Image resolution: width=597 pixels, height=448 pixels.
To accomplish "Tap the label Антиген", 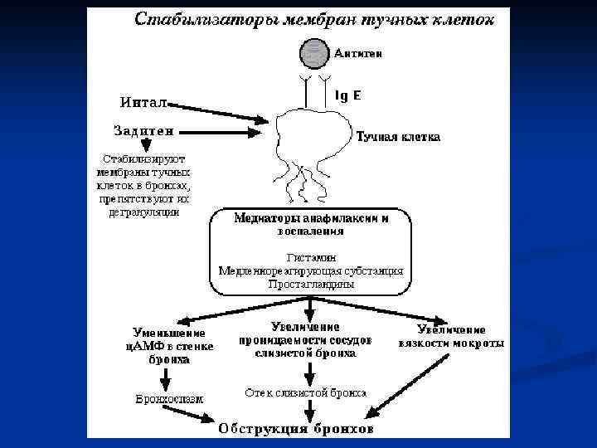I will pyautogui.click(x=358, y=53).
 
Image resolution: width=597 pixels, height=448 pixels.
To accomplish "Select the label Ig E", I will pyautogui.click(x=347, y=95).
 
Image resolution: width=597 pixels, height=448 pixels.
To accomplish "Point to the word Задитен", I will pyautogui.click(x=143, y=130).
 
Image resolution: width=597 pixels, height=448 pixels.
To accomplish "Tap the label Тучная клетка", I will pyautogui.click(x=398, y=136).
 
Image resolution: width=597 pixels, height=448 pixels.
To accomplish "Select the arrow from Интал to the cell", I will pyautogui.click(x=220, y=113).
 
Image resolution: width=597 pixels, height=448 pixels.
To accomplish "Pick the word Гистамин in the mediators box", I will pyautogui.click(x=311, y=256).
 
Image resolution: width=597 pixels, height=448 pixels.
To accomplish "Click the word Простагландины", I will pyautogui.click(x=311, y=284).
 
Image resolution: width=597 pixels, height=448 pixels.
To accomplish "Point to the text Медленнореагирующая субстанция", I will pyautogui.click(x=311, y=270).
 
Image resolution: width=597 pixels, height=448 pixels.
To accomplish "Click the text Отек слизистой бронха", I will pyautogui.click(x=306, y=392).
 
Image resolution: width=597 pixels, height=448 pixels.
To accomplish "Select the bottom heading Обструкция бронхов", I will pyautogui.click(x=296, y=429).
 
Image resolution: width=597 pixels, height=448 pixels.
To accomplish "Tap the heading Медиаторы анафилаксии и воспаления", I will pyautogui.click(x=311, y=225).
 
